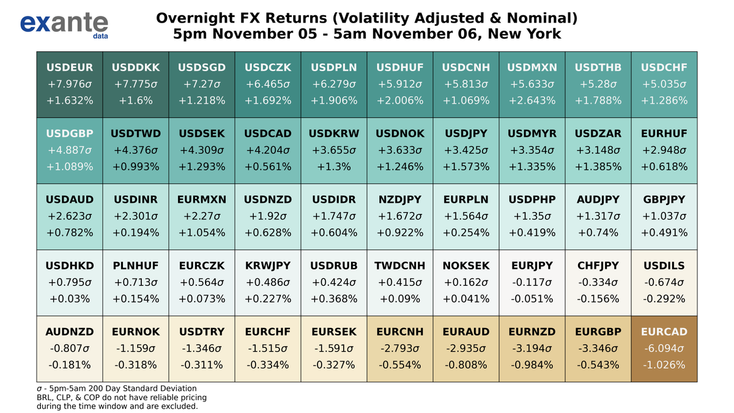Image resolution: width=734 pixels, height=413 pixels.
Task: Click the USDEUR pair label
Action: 69,67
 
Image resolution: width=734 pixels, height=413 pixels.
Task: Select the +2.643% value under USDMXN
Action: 532,100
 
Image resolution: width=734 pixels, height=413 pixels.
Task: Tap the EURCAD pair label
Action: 664,332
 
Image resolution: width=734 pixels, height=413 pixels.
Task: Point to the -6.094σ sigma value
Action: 664,349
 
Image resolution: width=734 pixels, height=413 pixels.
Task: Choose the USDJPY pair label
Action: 465,133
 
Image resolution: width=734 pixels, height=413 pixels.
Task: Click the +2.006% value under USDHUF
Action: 399,100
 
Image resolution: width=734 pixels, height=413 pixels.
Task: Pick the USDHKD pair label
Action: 69,266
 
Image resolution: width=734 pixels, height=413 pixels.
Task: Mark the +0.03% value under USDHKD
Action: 69,299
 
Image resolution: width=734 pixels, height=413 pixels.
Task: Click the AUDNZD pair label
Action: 69,332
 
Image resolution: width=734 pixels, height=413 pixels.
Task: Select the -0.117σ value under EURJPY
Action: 532,282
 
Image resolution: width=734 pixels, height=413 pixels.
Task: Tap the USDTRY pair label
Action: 201,332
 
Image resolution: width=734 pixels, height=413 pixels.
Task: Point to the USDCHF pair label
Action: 664,67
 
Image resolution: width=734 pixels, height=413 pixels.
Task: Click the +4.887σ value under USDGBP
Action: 69,150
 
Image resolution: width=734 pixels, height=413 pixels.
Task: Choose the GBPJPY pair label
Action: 664,199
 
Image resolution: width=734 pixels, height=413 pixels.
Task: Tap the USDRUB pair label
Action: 333,266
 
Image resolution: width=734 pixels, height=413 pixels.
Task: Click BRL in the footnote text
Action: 45,397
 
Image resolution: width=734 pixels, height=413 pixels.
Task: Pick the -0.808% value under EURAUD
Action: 465,365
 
